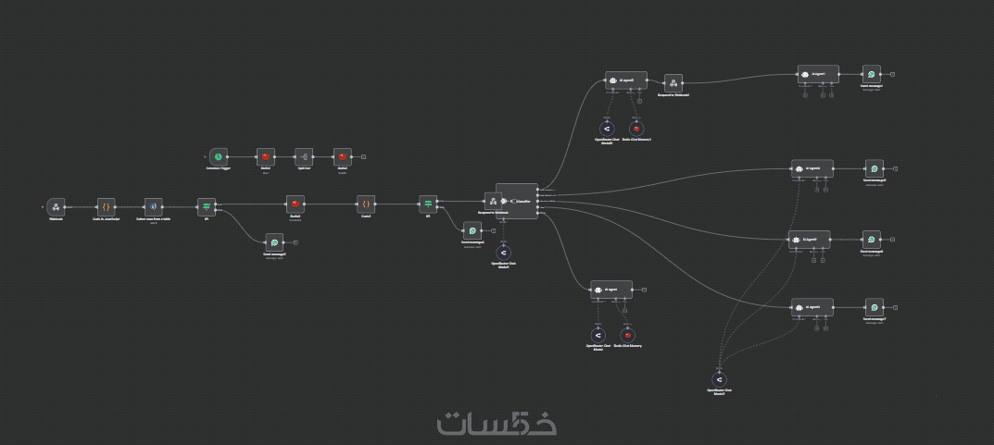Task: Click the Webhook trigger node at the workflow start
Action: [x=56, y=206]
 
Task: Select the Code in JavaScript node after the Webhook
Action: [x=106, y=206]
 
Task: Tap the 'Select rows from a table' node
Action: [x=154, y=206]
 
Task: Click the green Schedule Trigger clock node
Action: [x=218, y=156]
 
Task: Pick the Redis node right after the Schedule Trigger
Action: [x=266, y=156]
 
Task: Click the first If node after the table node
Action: [x=207, y=206]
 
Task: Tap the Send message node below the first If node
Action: [x=273, y=242]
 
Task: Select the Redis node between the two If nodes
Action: [x=296, y=204]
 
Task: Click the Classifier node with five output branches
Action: [x=517, y=201]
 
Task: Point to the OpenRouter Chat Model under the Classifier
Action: [x=503, y=253]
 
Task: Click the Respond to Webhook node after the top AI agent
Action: [x=673, y=83]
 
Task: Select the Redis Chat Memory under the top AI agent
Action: [x=635, y=129]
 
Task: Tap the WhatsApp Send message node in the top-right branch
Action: [x=871, y=74]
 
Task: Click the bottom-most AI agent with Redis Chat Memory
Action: [x=611, y=290]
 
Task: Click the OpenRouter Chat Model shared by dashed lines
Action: [x=718, y=380]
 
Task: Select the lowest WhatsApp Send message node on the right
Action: [x=874, y=308]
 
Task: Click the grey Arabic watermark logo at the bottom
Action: [x=497, y=422]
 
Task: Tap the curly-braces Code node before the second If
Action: [x=366, y=204]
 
